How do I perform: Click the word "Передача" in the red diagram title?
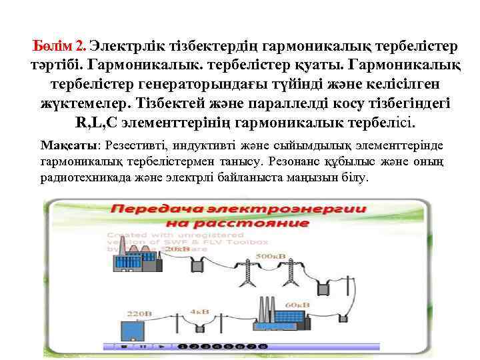tap(156, 209)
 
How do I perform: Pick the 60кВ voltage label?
tap(298, 305)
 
